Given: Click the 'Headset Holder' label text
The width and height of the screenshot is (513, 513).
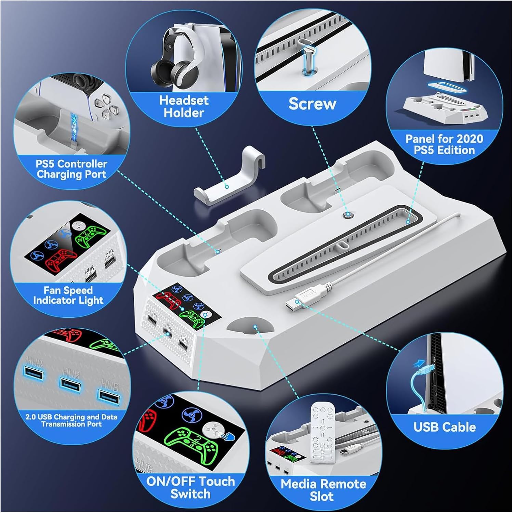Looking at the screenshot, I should coord(184,106).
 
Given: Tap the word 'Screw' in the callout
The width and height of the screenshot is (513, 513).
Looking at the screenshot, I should coord(312,104).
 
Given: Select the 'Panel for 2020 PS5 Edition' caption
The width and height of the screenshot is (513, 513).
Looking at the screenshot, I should coord(444,144).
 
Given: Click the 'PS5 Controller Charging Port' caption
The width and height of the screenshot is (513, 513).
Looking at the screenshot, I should coord(71,169).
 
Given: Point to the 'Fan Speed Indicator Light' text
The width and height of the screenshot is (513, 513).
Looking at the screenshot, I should coord(68,295).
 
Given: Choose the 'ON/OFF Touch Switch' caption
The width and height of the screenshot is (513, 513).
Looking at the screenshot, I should coord(190,487).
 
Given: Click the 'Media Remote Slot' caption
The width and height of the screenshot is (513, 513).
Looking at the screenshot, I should coord(323,490).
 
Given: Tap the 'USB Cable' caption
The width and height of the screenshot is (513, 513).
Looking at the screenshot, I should coord(444,427).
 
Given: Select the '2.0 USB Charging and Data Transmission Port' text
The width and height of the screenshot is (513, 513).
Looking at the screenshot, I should coord(71,420).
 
